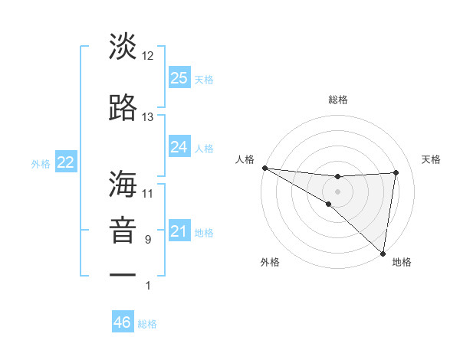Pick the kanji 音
(x=123, y=232)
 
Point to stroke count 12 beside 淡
(x=148, y=56)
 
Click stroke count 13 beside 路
(x=148, y=117)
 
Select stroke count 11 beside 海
(x=148, y=193)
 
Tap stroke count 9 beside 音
(x=148, y=240)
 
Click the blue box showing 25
(x=179, y=77)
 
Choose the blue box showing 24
(x=179, y=147)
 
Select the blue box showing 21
(x=179, y=231)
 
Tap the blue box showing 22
(x=65, y=162)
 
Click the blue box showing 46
(x=123, y=322)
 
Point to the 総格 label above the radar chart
(x=338, y=100)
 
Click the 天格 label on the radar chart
(x=432, y=159)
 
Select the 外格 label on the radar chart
(x=270, y=262)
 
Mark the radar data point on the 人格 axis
(x=264, y=168)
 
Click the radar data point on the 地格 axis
(x=383, y=254)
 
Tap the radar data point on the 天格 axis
(x=396, y=172)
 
